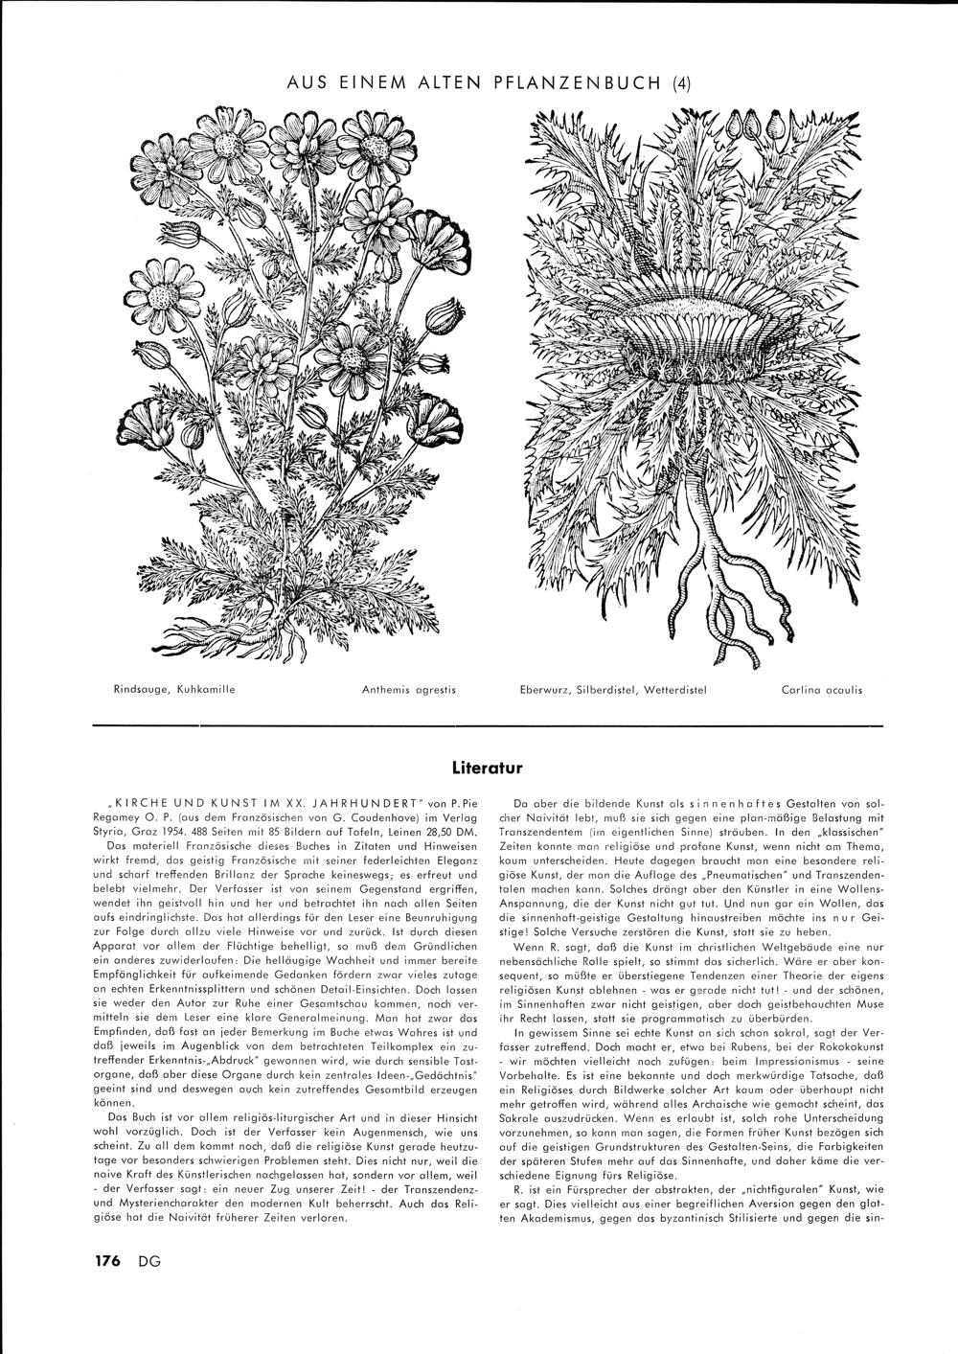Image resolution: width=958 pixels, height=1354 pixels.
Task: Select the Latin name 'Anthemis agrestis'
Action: click(408, 689)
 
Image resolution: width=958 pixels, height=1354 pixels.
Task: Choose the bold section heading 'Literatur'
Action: click(486, 768)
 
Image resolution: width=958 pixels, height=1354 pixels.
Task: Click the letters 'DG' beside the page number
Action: click(148, 1261)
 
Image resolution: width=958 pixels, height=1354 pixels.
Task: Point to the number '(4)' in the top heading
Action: click(678, 82)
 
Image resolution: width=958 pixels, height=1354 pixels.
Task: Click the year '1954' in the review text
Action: click(183, 834)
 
